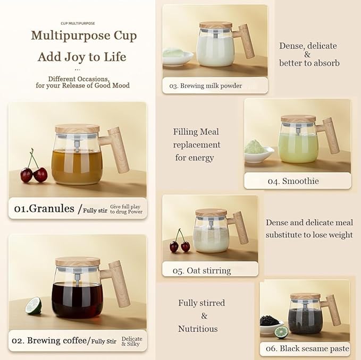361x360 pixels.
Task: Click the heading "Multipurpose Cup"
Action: coord(83,36)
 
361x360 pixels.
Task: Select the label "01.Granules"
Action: coord(44,209)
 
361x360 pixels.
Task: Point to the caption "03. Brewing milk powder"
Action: coord(206,85)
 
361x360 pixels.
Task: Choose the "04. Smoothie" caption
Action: coord(293,181)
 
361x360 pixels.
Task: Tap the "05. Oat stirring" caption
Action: coord(202,270)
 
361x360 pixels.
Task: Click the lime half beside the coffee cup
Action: coord(33,305)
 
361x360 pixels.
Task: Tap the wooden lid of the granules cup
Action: coord(77,128)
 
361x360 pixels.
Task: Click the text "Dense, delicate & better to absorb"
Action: coord(309,54)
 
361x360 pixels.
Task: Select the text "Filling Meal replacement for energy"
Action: coord(196,144)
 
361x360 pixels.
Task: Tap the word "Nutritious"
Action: coord(198,329)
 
